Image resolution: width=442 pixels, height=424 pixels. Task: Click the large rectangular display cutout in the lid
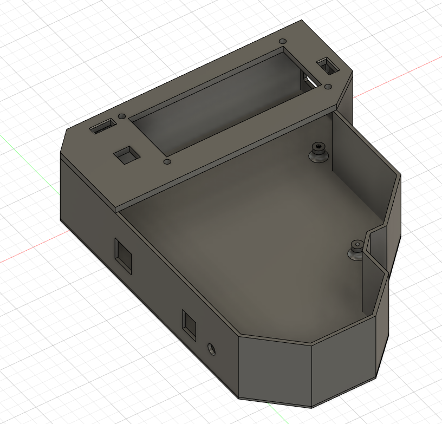point(217,103)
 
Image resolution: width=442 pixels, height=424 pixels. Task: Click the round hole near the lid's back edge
point(282,41)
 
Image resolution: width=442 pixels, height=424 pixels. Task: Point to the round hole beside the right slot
point(328,87)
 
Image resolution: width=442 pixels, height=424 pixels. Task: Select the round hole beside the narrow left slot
point(122,116)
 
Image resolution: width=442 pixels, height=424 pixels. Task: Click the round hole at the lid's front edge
point(167,162)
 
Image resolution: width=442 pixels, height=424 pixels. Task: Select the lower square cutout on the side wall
point(189,325)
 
